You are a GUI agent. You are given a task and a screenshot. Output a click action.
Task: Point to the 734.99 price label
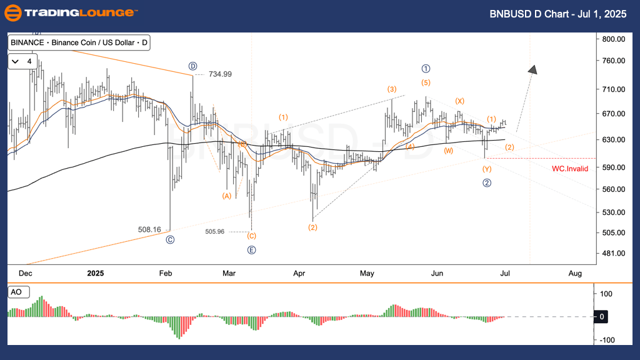(x=219, y=74)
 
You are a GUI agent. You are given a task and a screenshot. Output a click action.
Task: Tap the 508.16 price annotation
(x=149, y=229)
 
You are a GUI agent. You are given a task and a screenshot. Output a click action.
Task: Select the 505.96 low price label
(x=214, y=231)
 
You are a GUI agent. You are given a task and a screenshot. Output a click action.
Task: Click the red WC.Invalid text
(x=570, y=169)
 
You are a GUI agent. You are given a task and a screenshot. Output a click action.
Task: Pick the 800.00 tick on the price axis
(x=614, y=39)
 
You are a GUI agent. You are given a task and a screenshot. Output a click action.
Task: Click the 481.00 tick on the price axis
(x=614, y=253)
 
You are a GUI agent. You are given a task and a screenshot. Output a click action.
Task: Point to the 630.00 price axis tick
(x=614, y=139)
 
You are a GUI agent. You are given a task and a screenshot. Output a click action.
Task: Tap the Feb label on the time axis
(x=166, y=274)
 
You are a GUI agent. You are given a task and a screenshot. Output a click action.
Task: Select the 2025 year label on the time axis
(x=96, y=274)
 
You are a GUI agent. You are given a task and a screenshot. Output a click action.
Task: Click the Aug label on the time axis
(x=575, y=274)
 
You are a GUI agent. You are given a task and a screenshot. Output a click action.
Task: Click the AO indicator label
(x=15, y=292)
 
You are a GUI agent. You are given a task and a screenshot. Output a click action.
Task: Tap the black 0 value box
(x=601, y=317)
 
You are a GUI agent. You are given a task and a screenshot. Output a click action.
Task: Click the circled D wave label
(x=193, y=66)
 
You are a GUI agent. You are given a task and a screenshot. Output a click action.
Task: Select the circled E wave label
(x=251, y=250)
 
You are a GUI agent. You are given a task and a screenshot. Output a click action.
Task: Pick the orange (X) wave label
(x=459, y=101)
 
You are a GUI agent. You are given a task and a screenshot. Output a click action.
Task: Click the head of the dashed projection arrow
(x=532, y=69)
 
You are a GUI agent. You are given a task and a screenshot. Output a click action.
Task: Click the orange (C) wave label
(x=251, y=236)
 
